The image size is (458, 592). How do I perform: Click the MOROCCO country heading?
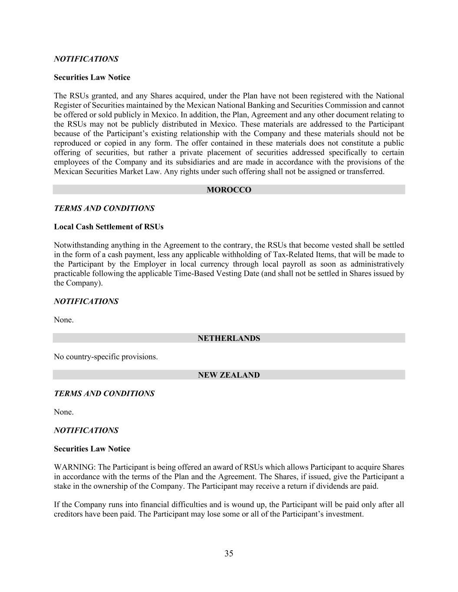pyautogui.click(x=229, y=190)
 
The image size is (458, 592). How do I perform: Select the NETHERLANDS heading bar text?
pyautogui.click(x=229, y=338)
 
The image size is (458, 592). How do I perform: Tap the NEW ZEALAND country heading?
pyautogui.click(x=229, y=375)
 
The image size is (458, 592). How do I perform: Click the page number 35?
pyautogui.click(x=229, y=553)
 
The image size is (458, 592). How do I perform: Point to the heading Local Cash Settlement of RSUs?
pyautogui.click(x=109, y=227)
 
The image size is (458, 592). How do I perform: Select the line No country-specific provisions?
pyautogui.click(x=105, y=357)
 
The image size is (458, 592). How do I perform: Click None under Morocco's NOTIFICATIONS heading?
pyautogui.click(x=63, y=320)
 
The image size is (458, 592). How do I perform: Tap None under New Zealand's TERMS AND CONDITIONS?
pyautogui.click(x=63, y=412)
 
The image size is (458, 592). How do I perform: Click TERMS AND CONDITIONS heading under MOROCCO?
pyautogui.click(x=104, y=209)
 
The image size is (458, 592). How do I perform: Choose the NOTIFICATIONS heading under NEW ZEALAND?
pyautogui.click(x=86, y=431)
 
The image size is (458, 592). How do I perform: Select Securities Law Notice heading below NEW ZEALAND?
pyautogui.click(x=92, y=449)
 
